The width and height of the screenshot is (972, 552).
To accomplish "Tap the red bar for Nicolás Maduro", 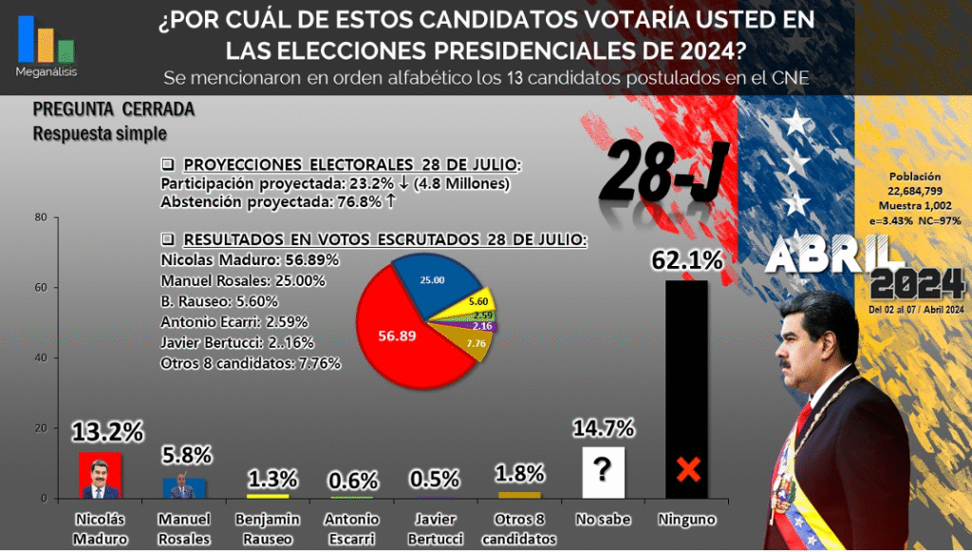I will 100,475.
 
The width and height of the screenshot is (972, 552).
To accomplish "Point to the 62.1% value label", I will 686,259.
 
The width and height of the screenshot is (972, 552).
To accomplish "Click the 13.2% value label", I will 107,432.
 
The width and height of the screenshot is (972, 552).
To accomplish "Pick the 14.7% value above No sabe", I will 603,428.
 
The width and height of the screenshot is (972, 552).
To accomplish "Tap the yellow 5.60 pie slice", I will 478,299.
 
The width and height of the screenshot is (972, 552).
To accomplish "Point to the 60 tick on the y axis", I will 41,288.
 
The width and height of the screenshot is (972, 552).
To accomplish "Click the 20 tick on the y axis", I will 41,428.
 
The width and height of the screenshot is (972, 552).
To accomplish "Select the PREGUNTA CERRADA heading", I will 113,109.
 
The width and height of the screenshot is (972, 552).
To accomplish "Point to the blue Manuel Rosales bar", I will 184,487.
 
